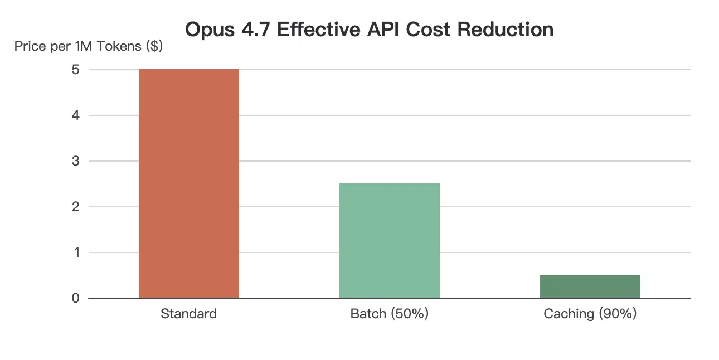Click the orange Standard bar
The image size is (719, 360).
coord(188,184)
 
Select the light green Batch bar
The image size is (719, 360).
coord(389,241)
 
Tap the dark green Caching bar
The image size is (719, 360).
coord(590,286)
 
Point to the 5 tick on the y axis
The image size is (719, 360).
coord(76,70)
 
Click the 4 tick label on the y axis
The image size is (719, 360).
coord(76,116)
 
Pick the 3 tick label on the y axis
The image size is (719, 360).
coord(76,162)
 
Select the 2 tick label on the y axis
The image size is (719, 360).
coord(76,207)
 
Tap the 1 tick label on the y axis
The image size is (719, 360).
coord(76,253)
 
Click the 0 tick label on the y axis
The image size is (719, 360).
coord(76,299)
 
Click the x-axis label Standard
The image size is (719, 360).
coord(188,314)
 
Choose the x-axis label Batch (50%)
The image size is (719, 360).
coord(389,314)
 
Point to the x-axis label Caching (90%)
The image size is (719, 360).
coord(590,314)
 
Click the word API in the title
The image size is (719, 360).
coord(383,30)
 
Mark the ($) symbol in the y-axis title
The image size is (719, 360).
coord(153,46)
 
